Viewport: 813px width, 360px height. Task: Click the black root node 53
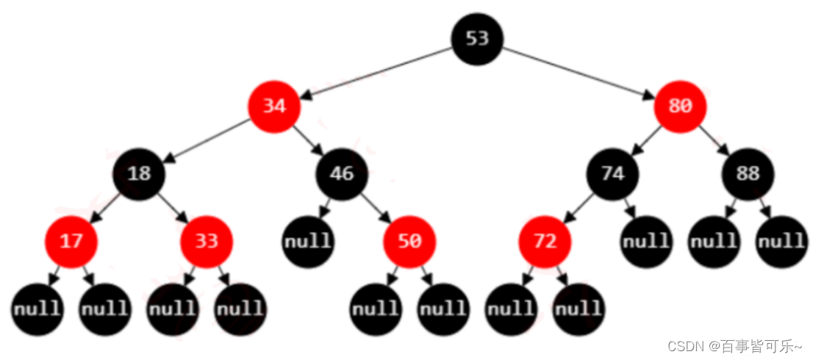477,38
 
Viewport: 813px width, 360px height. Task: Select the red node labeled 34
274,107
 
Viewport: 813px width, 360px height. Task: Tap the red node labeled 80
680,107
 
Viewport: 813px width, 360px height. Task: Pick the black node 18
139,174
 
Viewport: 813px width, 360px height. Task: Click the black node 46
342,174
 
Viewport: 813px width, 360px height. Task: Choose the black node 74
612,174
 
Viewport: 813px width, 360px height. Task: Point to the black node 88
748,174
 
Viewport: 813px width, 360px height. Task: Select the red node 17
71,241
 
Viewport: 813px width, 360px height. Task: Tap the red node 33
207,241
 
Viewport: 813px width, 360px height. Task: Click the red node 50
409,241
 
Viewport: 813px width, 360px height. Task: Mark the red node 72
545,241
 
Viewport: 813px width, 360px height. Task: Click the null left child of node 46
309,241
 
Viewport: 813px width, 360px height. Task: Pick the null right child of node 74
646,241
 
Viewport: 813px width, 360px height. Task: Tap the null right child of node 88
781,241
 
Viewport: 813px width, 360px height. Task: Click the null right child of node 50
443,309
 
